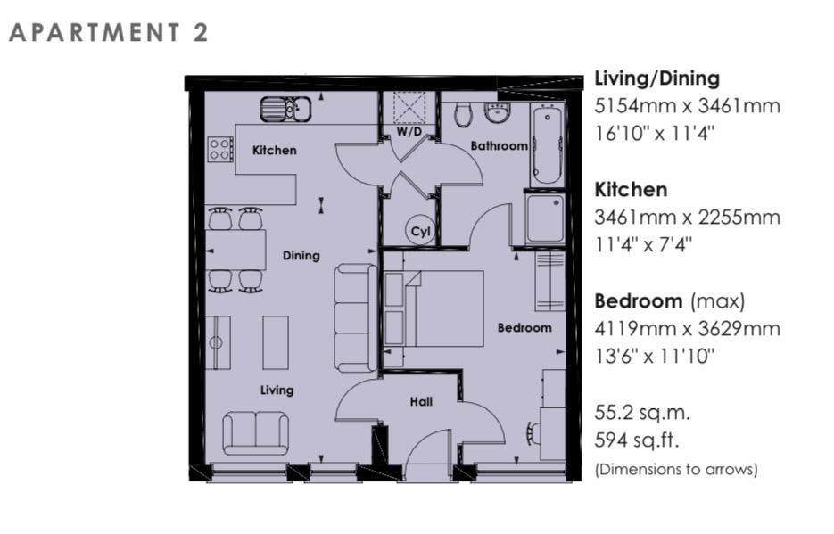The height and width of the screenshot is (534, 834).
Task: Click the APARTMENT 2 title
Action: pos(109,33)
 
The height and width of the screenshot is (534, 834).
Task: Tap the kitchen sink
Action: pos(285,109)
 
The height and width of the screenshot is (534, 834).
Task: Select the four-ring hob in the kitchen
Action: pos(219,148)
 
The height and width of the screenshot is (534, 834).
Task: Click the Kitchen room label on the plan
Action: pos(274,150)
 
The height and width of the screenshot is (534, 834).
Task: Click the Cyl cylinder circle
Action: pos(420,231)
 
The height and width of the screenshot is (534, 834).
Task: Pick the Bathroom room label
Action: pos(499,145)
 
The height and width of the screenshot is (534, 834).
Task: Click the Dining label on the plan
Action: pos(301,255)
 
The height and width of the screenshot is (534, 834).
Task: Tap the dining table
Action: pos(236,251)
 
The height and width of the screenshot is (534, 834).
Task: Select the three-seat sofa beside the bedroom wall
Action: pos(356,317)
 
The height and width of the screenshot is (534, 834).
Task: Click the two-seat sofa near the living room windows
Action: pos(255,432)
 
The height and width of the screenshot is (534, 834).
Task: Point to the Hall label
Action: pos(421,401)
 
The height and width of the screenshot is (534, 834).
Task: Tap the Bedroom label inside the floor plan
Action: pos(524,327)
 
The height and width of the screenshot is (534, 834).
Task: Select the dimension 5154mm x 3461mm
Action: pos(687,106)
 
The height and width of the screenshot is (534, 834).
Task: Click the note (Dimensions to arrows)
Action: pos(675,469)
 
